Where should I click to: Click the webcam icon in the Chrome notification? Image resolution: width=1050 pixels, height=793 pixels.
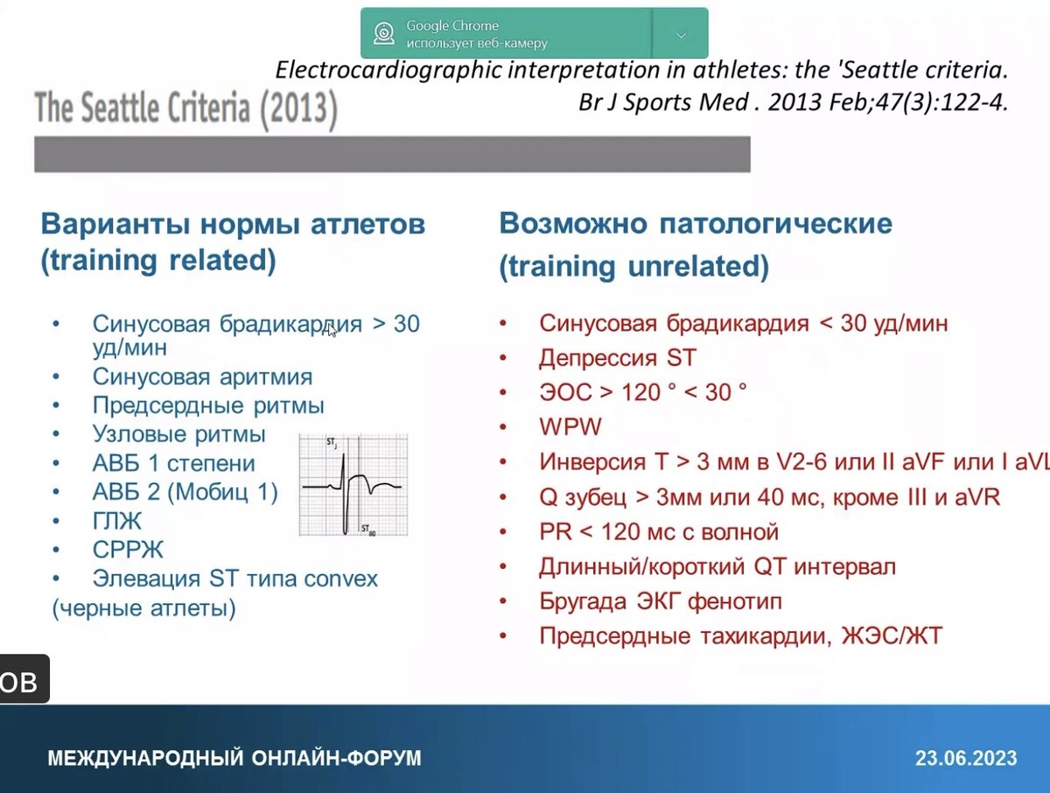tap(383, 33)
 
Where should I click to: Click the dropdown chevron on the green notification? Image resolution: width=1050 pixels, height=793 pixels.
tap(681, 35)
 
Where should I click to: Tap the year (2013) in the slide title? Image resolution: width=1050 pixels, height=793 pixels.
tap(299, 109)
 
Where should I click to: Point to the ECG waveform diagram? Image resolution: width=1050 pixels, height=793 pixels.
tap(353, 485)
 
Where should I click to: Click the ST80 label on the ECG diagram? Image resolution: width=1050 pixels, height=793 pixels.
tap(368, 530)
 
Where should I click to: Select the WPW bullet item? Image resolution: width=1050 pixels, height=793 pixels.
tap(570, 426)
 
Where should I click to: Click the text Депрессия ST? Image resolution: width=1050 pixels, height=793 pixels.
tap(618, 358)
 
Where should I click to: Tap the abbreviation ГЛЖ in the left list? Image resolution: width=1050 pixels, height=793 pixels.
tap(116, 521)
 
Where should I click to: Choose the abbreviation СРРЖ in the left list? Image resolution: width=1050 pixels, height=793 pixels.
tap(128, 550)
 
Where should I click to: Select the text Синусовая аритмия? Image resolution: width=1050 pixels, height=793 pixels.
tap(202, 377)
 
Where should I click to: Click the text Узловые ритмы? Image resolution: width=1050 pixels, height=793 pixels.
tap(178, 435)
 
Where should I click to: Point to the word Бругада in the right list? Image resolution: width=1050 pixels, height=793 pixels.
tap(583, 601)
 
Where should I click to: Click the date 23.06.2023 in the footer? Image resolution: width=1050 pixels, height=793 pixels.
tap(966, 758)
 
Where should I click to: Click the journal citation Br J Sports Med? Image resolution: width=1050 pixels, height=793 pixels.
tap(663, 102)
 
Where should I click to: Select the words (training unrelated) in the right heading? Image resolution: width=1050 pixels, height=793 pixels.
tap(633, 266)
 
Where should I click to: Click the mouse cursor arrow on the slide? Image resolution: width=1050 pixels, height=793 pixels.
tap(332, 330)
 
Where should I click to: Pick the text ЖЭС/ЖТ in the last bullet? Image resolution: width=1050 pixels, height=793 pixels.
tap(892, 636)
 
